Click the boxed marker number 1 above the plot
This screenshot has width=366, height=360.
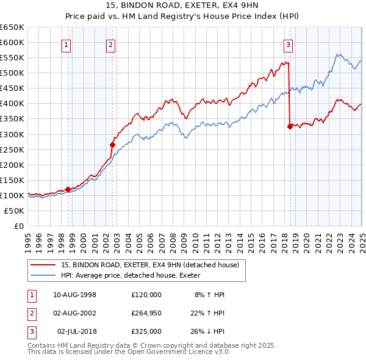(65, 44)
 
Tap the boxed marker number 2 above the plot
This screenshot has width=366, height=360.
(110, 44)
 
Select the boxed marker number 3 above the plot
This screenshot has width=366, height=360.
(287, 44)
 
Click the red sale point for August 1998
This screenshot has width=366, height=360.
(68, 189)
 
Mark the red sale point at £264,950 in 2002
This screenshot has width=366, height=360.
(112, 145)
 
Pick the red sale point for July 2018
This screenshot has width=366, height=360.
(289, 126)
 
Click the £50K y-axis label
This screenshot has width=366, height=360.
(15, 211)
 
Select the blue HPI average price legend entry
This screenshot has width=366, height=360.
(135, 276)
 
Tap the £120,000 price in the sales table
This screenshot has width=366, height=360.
(146, 295)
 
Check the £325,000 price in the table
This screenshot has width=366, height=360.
(146, 331)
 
